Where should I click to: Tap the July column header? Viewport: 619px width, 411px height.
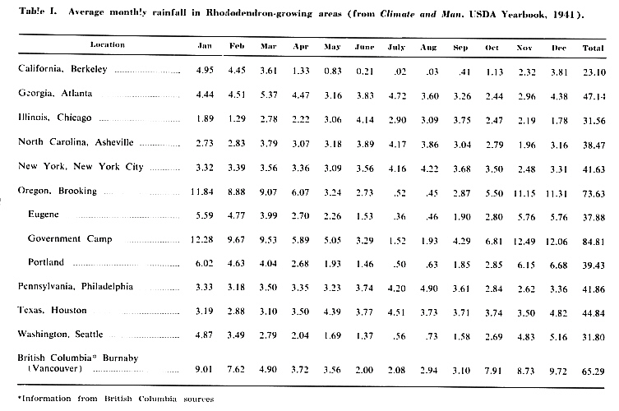point(397,47)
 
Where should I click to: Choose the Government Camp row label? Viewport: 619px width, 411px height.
point(70,239)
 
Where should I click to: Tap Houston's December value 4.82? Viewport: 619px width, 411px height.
point(559,312)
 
